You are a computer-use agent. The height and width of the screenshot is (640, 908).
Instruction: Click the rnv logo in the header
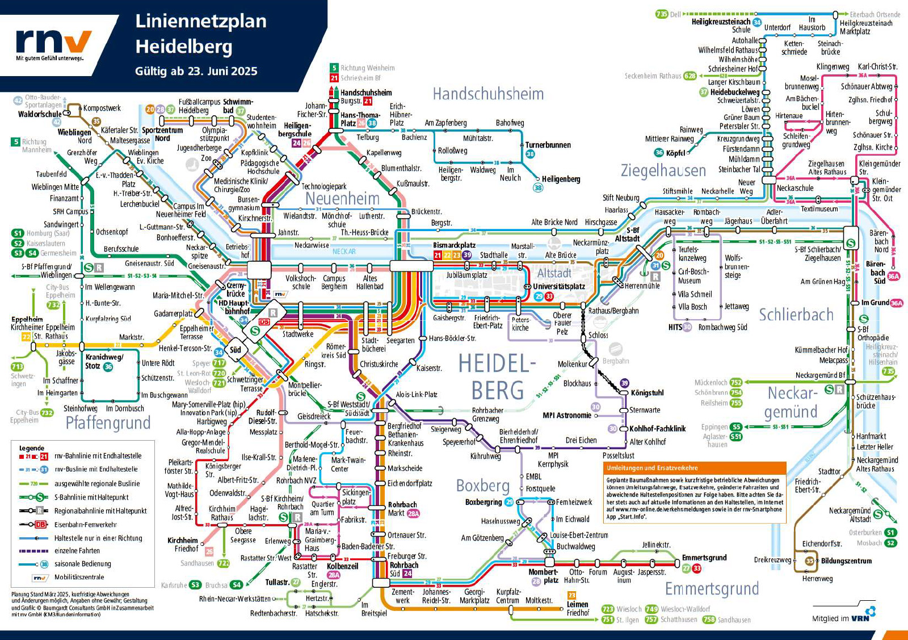tap(53, 44)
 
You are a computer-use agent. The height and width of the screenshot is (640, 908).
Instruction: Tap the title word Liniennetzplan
tap(200, 21)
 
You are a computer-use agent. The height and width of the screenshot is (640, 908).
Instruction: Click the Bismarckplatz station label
tap(454, 245)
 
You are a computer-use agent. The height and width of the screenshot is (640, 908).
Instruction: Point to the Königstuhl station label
tap(647, 393)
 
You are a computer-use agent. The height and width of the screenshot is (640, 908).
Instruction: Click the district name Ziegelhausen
tap(663, 170)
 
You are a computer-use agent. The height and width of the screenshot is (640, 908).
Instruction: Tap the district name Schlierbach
tap(796, 315)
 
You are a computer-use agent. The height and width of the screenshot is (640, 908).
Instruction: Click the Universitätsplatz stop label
tap(558, 287)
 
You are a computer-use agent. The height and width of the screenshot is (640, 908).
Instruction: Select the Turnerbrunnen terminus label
tap(548, 145)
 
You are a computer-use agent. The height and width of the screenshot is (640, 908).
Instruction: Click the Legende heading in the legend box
tap(31, 448)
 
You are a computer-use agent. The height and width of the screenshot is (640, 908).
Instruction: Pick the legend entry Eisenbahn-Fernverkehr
tap(86, 525)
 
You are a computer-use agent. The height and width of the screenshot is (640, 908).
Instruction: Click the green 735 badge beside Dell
tap(661, 14)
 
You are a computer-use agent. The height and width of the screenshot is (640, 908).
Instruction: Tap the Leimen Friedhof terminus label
tap(578, 609)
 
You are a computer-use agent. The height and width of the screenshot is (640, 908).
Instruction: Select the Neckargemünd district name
tap(792, 402)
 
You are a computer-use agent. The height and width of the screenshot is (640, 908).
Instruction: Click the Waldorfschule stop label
tap(39, 114)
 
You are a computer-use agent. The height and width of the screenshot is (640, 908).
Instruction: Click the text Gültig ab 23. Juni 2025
tap(196, 72)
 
